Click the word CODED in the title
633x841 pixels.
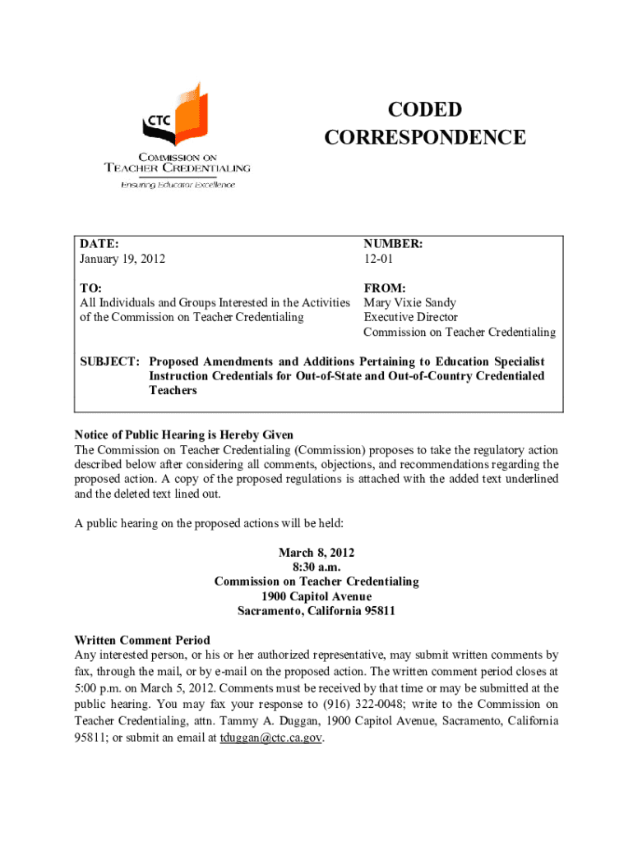tap(424, 111)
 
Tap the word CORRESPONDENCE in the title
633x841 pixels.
tap(424, 137)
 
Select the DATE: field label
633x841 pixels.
tap(99, 244)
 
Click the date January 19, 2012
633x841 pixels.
tap(122, 260)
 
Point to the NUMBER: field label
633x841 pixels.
tap(394, 244)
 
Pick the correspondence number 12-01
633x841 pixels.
tap(379, 260)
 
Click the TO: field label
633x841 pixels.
tap(90, 288)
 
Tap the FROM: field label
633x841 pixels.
tap(385, 288)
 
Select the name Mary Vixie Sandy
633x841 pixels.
tap(410, 303)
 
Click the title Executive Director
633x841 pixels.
tap(410, 317)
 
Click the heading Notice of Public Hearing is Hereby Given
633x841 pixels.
tap(184, 434)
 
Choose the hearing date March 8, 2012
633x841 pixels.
tap(316, 552)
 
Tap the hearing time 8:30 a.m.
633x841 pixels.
tap(316, 567)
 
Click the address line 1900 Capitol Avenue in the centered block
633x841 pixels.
tap(316, 596)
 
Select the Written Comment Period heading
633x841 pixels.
tap(142, 640)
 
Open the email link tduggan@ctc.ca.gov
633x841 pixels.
tap(271, 738)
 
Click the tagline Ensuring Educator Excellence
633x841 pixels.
tap(178, 185)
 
